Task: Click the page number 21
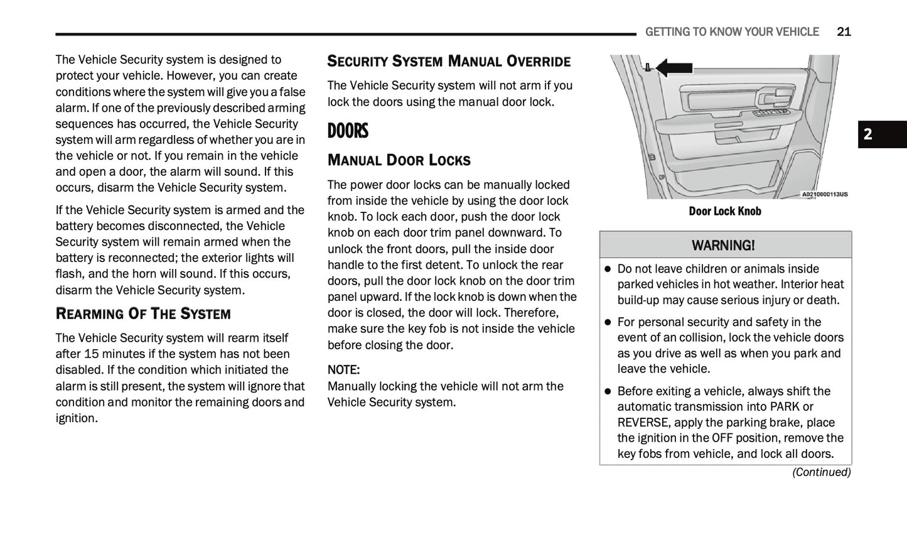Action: [x=844, y=31]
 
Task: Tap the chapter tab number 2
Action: [x=868, y=134]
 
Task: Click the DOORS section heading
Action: [x=348, y=131]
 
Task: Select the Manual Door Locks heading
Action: [x=399, y=160]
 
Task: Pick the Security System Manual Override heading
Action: [x=449, y=62]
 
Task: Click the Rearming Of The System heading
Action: [x=143, y=313]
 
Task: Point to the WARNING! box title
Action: [x=723, y=245]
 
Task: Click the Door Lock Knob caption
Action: [x=724, y=211]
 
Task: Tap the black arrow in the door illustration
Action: [x=674, y=67]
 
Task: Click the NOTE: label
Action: [x=343, y=369]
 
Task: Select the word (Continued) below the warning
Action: [x=821, y=472]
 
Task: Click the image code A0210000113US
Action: [x=824, y=194]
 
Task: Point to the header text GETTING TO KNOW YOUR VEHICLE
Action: [x=732, y=31]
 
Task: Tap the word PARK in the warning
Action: [x=785, y=406]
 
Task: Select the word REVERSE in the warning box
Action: [x=643, y=422]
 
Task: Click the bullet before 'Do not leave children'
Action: [x=608, y=269]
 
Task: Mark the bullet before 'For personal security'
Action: [x=608, y=322]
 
